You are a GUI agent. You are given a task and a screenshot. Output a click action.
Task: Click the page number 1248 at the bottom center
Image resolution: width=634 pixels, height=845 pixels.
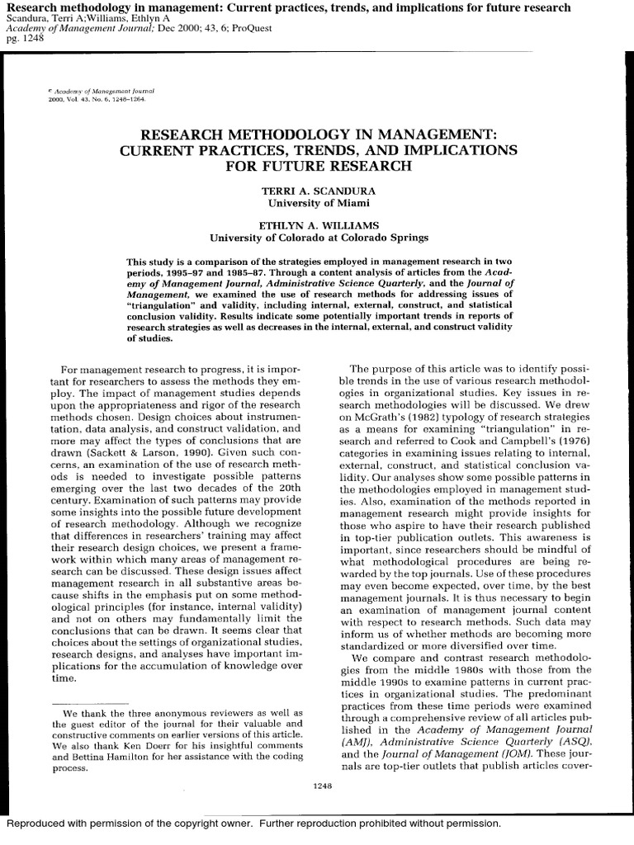tap(323, 786)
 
